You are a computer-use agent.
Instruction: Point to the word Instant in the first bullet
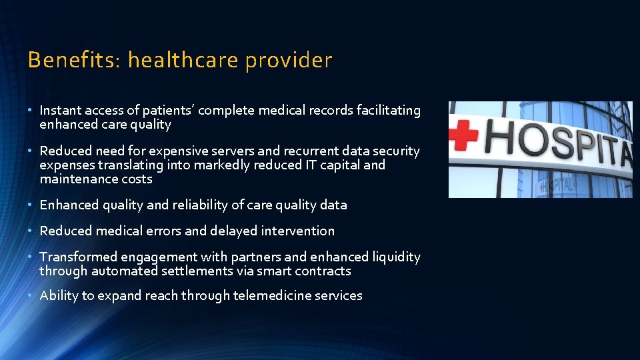[x=60, y=111]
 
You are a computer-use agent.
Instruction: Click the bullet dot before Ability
[x=31, y=295]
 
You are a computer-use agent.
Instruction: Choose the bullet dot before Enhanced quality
[x=31, y=205]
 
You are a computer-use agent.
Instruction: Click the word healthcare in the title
[x=183, y=61]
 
